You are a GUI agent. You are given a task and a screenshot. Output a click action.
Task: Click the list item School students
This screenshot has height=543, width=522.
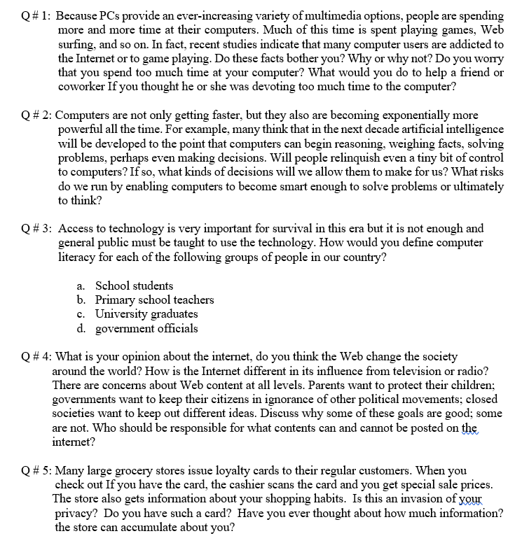(134, 285)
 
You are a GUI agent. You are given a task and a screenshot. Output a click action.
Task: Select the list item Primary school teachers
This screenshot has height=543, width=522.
(154, 299)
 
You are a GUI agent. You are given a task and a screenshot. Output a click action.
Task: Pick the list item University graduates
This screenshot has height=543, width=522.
(146, 314)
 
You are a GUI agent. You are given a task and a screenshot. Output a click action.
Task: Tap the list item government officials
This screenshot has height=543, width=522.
(146, 328)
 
